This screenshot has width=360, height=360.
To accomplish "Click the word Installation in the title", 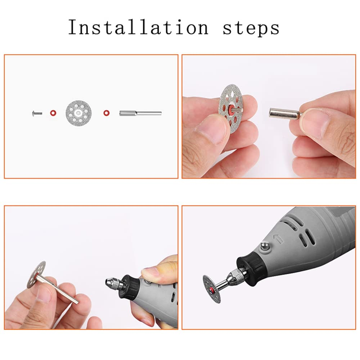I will (138, 28).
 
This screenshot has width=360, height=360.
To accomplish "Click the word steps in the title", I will (251, 28).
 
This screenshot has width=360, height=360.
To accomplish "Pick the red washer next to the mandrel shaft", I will (106, 113).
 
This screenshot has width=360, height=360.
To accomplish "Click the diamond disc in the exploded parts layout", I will (78, 113).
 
